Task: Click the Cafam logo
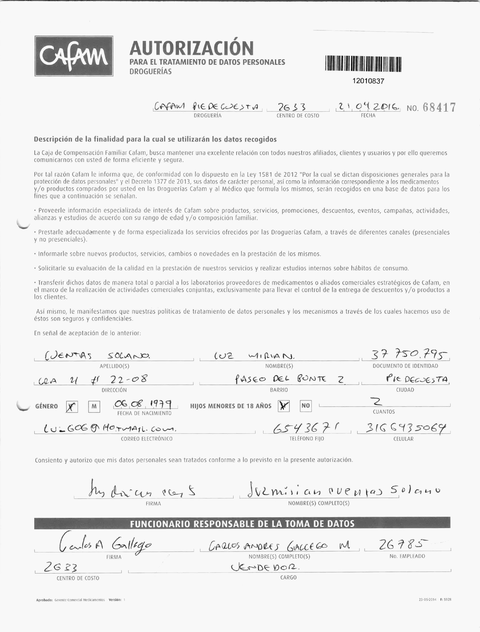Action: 74,56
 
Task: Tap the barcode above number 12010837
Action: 363,64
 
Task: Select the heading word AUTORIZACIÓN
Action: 191,48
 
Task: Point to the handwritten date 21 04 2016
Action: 368,107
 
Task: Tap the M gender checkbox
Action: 94,407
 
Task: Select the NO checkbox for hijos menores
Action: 306,406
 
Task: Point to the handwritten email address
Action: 110,429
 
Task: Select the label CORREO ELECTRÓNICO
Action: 147,439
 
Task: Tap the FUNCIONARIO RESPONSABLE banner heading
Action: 242,524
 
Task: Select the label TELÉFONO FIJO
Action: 307,439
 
